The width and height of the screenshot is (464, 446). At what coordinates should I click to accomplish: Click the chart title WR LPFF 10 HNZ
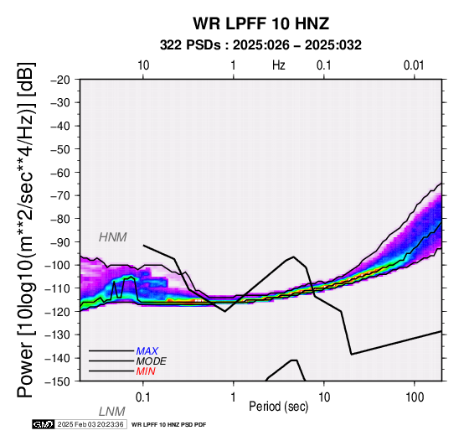(x=261, y=23)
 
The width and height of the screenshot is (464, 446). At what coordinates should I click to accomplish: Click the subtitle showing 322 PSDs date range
(x=260, y=45)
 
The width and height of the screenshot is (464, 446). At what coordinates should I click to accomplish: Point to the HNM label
(x=113, y=237)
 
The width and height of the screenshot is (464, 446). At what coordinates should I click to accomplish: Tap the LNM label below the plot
(x=112, y=412)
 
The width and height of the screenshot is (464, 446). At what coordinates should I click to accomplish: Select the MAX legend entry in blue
(x=147, y=351)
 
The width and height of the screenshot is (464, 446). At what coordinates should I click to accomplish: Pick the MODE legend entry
(x=152, y=361)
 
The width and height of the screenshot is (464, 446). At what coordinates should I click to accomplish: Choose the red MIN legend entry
(x=146, y=371)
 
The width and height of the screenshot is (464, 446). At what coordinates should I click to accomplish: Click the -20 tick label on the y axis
(x=60, y=80)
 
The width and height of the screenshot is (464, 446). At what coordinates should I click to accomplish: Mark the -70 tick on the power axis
(x=60, y=195)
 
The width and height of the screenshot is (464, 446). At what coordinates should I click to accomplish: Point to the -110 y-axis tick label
(x=58, y=288)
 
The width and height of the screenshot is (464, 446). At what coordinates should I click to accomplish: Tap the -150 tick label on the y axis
(x=58, y=381)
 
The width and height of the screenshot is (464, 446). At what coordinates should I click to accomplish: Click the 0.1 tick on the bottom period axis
(x=142, y=397)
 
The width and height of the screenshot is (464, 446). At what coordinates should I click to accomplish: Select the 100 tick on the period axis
(x=415, y=397)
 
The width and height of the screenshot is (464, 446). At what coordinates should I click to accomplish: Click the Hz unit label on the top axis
(x=278, y=65)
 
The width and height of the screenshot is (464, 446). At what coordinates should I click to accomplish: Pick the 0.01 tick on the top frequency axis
(x=414, y=65)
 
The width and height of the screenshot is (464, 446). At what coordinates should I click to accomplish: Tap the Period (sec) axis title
(x=278, y=407)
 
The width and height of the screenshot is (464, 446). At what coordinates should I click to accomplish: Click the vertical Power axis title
(x=26, y=230)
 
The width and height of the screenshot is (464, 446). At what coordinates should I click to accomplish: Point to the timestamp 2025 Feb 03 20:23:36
(x=90, y=424)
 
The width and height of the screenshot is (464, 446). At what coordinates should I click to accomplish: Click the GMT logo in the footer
(x=44, y=424)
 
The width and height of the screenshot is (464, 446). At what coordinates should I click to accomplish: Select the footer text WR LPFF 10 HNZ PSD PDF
(x=168, y=425)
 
